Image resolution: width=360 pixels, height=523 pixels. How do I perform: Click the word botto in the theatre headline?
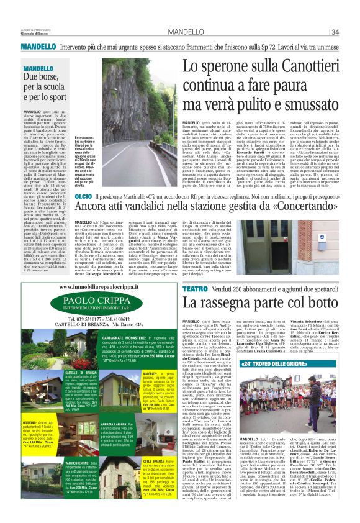click(x=308, y=303)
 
